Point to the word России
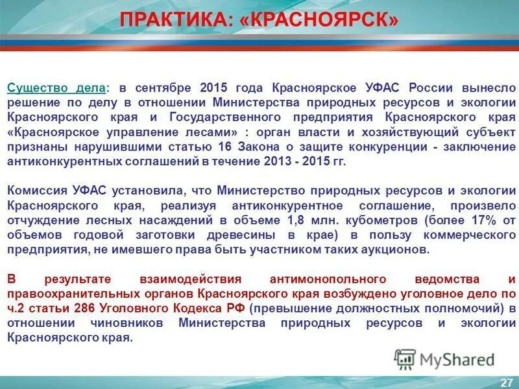[x=433, y=88]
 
